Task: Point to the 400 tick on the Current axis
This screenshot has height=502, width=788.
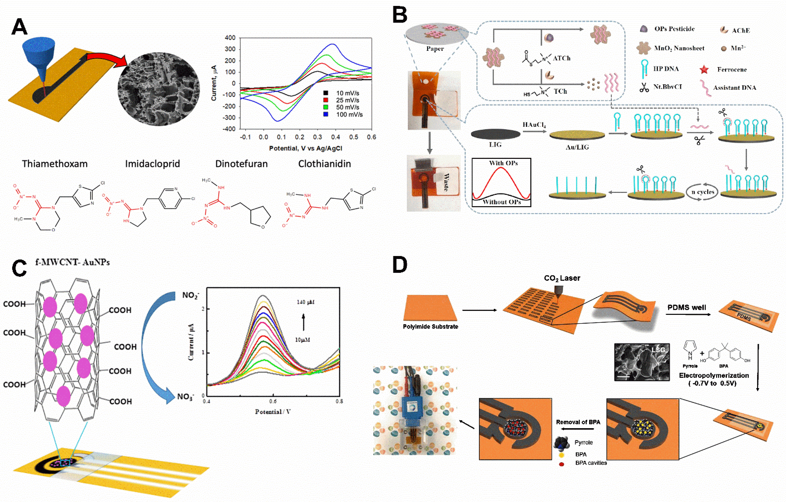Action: point(230,38)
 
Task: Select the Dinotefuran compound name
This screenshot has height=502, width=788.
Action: point(241,164)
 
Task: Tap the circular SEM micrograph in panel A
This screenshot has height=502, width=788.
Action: point(158,88)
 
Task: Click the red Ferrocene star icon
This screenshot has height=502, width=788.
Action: point(704,69)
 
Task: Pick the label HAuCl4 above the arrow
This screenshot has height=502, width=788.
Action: point(534,125)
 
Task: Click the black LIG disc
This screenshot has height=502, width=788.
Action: point(496,134)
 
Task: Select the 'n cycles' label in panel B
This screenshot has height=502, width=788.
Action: point(703,192)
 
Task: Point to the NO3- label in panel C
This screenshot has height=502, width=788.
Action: point(185,397)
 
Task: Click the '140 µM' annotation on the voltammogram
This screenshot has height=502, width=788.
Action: point(305,302)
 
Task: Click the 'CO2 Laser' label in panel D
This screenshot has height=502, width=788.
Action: point(562,278)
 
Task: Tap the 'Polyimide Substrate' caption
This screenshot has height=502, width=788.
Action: point(430,326)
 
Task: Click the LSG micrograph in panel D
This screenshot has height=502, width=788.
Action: point(642,362)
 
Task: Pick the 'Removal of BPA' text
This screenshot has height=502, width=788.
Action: point(578,422)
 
